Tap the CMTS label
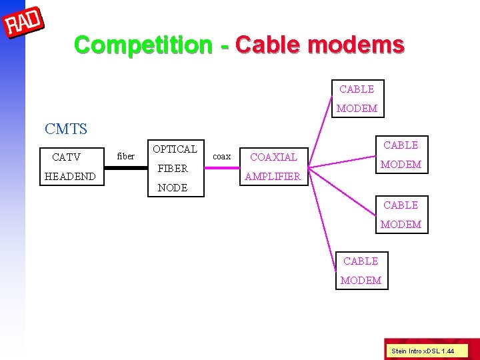(x=66, y=129)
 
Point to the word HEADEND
(x=70, y=177)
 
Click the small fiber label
(x=125, y=157)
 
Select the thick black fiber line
(x=126, y=167)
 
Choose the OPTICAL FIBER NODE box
(x=175, y=168)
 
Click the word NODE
(x=173, y=188)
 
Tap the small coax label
(x=221, y=157)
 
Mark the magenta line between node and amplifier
(x=222, y=167)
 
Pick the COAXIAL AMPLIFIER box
(x=273, y=167)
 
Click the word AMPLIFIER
(x=273, y=177)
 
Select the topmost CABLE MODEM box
(x=357, y=99)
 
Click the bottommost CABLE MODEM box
(x=361, y=271)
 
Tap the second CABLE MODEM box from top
(x=401, y=155)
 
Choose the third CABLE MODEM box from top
(x=401, y=215)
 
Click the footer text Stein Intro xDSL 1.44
(x=423, y=350)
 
